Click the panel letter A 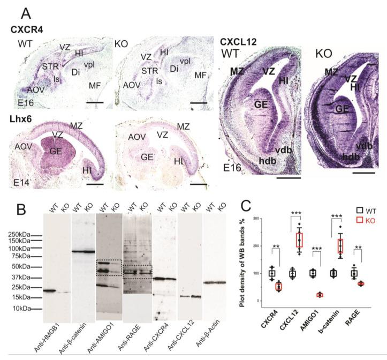point(26,12)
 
